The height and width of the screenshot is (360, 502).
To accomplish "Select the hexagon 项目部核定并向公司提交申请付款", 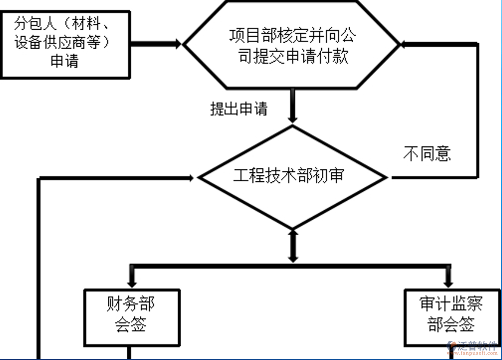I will (292, 46).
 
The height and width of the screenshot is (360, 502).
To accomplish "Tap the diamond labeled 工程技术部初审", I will (292, 177).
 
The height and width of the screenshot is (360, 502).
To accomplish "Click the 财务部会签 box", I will (132, 317).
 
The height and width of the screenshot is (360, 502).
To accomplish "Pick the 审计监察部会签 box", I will (451, 317).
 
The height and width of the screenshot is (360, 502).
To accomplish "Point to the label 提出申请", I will (238, 109).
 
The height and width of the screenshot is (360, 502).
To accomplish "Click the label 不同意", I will (427, 153).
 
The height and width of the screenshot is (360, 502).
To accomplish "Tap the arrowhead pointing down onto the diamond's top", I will (293, 117).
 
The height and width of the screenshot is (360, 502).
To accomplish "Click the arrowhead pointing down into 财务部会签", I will (132, 283).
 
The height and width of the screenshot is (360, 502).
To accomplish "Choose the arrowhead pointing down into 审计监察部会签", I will (449, 283).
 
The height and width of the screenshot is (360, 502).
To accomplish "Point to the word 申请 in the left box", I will (65, 61).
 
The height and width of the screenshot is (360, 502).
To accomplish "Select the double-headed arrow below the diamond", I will (293, 246).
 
